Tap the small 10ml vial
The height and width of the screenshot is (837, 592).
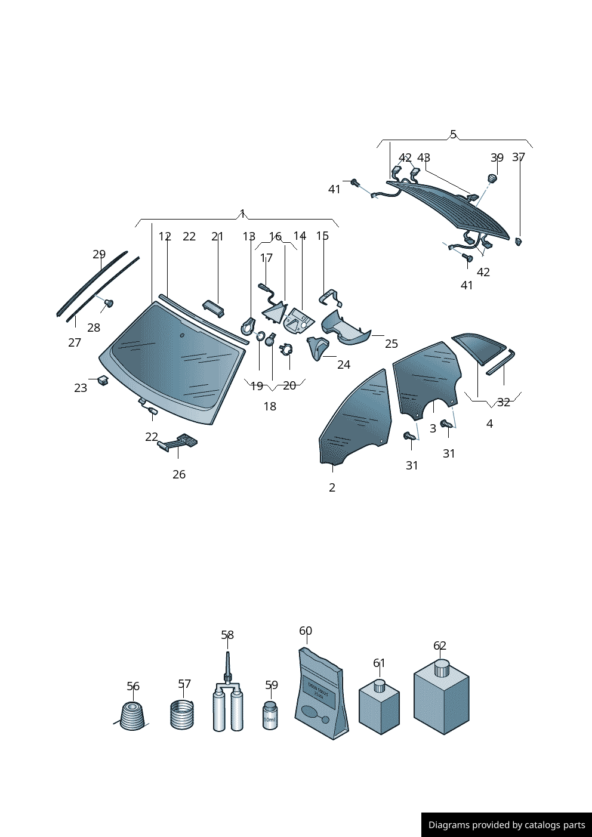click(x=270, y=715)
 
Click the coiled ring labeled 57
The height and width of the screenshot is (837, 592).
click(x=182, y=714)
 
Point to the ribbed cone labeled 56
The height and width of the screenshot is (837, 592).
click(x=132, y=716)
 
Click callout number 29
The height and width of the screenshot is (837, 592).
click(x=99, y=254)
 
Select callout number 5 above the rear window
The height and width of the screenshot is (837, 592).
click(x=453, y=134)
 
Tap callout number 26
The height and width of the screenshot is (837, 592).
click(x=179, y=474)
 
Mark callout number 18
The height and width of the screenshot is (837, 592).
click(x=270, y=406)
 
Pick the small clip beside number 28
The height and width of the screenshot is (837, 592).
click(x=109, y=304)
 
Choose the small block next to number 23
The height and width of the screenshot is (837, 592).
click(x=103, y=380)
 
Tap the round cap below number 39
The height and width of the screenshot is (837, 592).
click(x=492, y=178)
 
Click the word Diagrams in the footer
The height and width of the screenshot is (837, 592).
click(x=448, y=825)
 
